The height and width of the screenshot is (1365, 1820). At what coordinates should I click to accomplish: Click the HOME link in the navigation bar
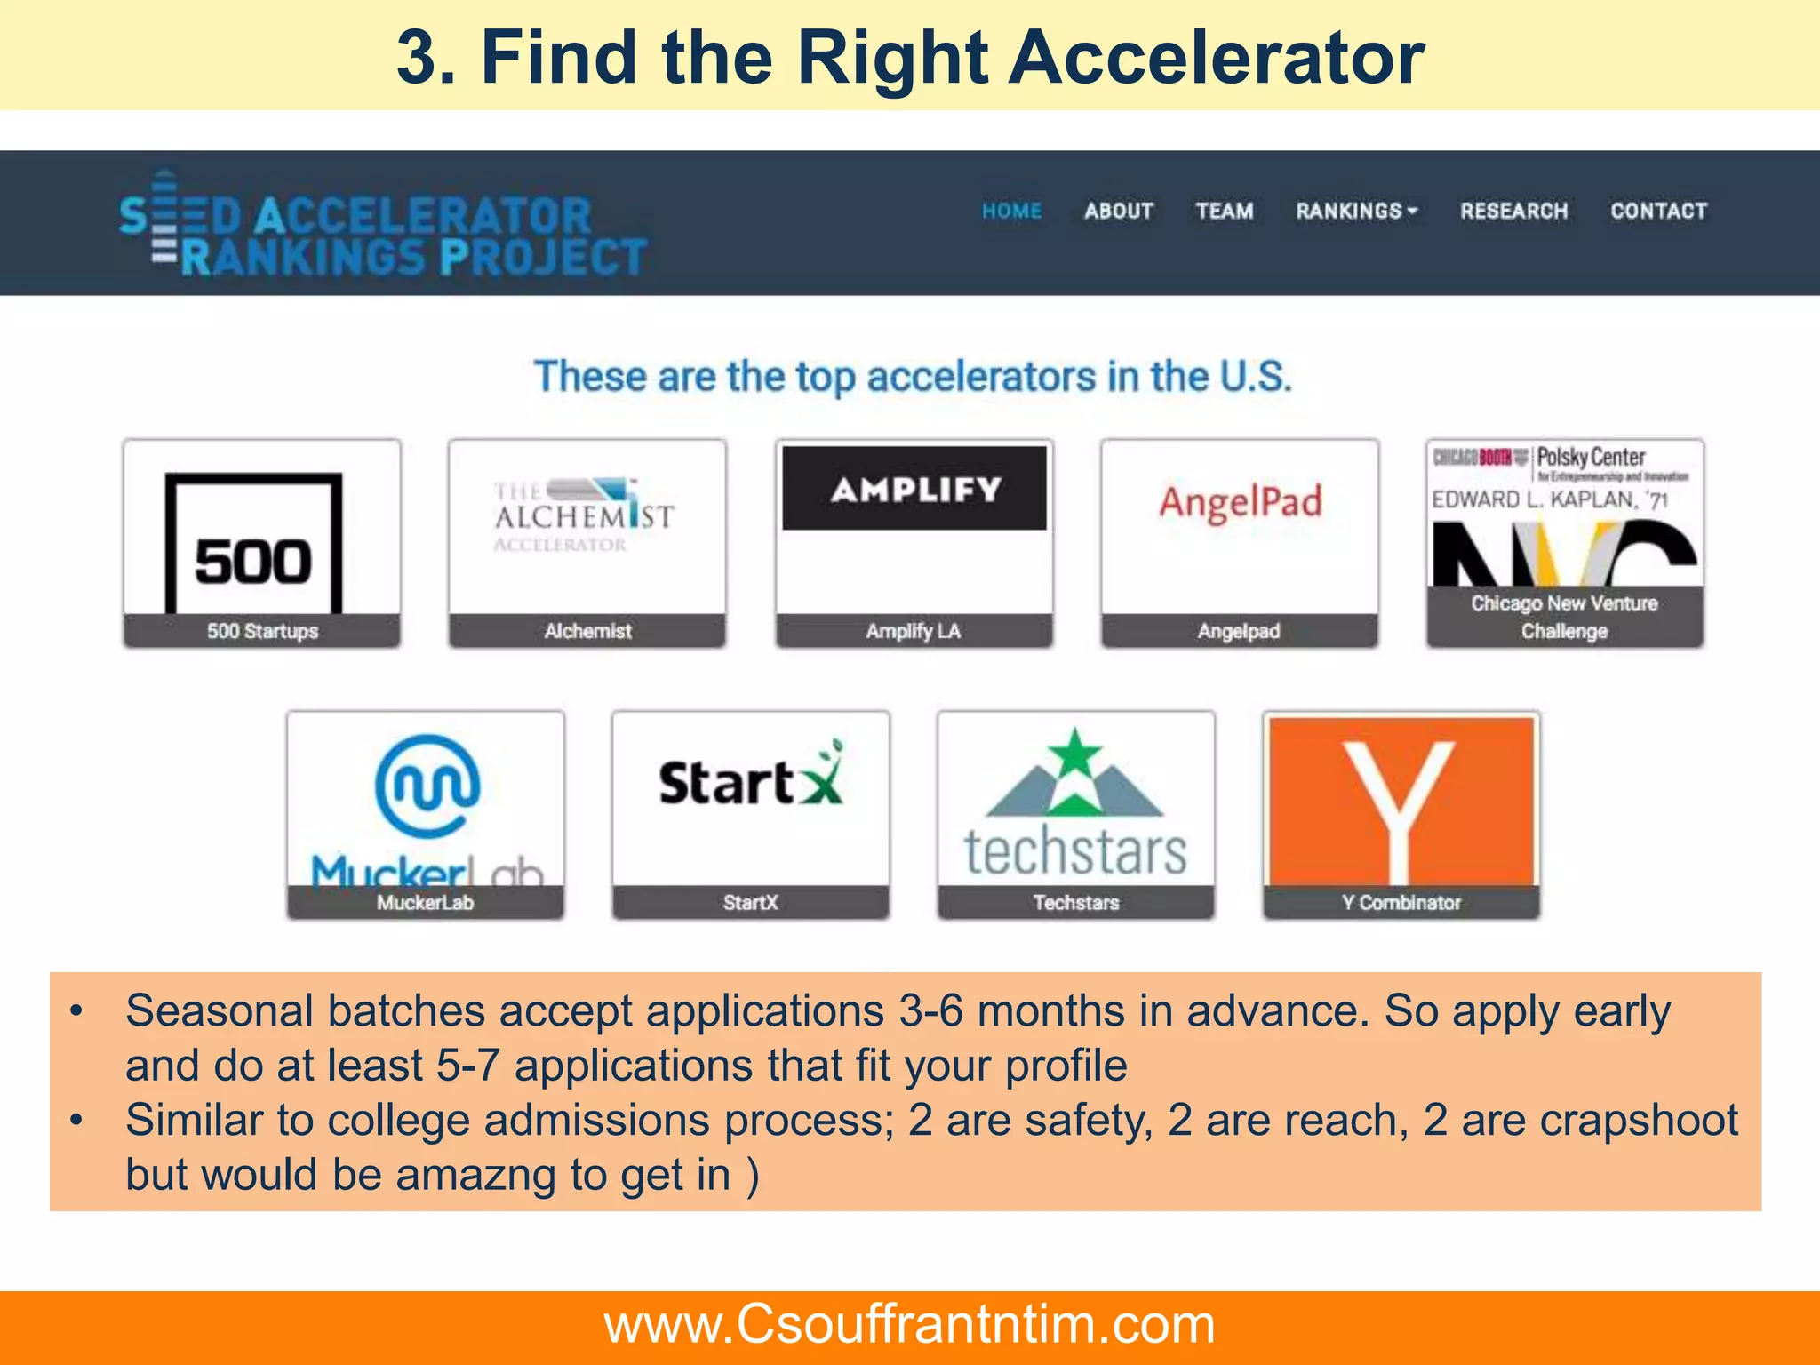tap(1011, 212)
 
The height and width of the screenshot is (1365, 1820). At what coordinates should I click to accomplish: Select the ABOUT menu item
tap(1118, 212)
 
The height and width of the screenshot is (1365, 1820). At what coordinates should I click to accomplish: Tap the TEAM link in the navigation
tap(1224, 212)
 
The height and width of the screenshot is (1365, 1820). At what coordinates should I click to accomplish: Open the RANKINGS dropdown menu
tap(1356, 212)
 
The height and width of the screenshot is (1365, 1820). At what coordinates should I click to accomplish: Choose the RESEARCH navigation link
tap(1513, 212)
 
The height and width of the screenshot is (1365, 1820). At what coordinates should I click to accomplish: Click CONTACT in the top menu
tap(1658, 212)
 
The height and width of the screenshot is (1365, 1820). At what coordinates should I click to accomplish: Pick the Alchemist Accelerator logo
tap(584, 515)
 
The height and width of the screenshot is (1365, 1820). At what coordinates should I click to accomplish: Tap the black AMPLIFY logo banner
tap(914, 489)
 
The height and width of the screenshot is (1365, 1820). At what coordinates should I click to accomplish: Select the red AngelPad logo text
tap(1240, 503)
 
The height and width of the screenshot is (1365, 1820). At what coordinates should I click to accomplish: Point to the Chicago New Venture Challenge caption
tap(1564, 617)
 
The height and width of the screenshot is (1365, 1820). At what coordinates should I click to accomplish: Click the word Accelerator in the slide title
tap(1217, 59)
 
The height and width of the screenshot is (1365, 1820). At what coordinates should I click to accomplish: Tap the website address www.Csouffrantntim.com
tap(909, 1324)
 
